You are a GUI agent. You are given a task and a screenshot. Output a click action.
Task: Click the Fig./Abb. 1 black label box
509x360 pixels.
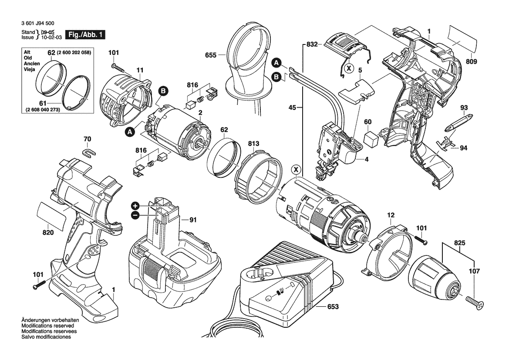pyautogui.click(x=85, y=34)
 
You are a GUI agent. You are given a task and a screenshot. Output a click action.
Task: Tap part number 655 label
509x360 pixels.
pyautogui.click(x=211, y=55)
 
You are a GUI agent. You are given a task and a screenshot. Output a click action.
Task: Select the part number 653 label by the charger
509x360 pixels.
pyautogui.click(x=332, y=306)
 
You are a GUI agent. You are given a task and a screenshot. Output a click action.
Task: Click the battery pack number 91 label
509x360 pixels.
pyautogui.click(x=193, y=220)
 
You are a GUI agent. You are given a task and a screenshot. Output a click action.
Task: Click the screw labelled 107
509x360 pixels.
pyautogui.click(x=474, y=302)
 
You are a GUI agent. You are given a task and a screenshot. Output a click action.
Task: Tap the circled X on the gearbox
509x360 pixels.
pyautogui.click(x=296, y=169)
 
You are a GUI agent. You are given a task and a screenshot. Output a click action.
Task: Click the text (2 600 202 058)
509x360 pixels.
pyautogui.click(x=74, y=53)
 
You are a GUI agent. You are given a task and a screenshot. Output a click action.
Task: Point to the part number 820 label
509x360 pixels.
pyautogui.click(x=48, y=233)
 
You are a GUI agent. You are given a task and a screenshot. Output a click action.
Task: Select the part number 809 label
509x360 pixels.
pyautogui.click(x=471, y=62)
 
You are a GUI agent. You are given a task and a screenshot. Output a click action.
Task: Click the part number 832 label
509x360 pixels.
pyautogui.click(x=311, y=44)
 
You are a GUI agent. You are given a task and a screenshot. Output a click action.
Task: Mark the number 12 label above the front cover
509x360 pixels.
pyautogui.click(x=391, y=215)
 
